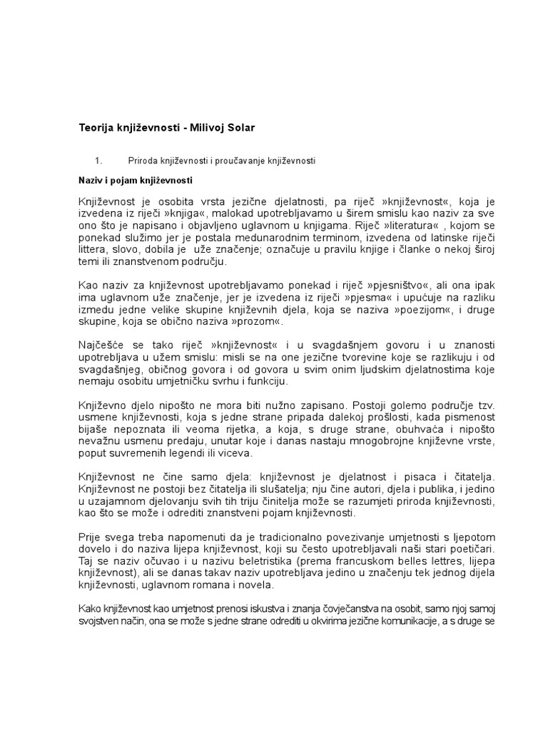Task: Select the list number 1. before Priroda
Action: [x=98, y=161]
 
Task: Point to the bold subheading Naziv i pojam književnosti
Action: [x=135, y=181]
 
